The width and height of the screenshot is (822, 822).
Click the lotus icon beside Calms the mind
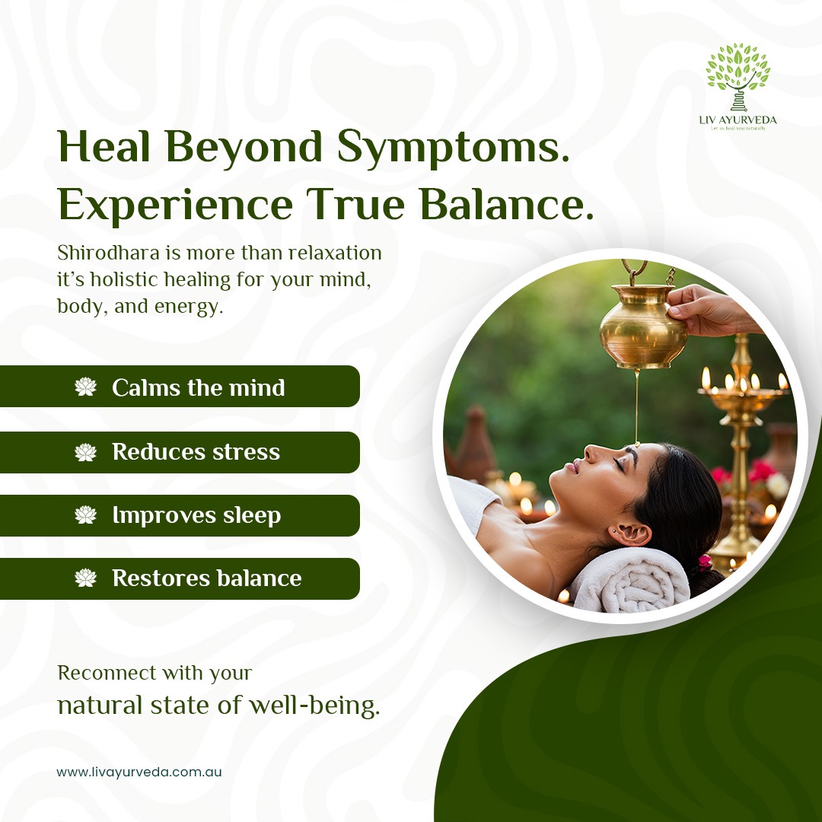point(85,387)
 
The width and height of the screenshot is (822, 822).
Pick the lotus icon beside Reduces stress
point(85,452)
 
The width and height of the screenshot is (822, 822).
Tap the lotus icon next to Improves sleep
point(85,515)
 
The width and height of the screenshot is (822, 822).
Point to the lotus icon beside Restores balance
point(85,578)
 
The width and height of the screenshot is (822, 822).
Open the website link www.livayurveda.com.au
point(139,772)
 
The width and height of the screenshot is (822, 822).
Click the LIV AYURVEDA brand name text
point(738,119)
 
